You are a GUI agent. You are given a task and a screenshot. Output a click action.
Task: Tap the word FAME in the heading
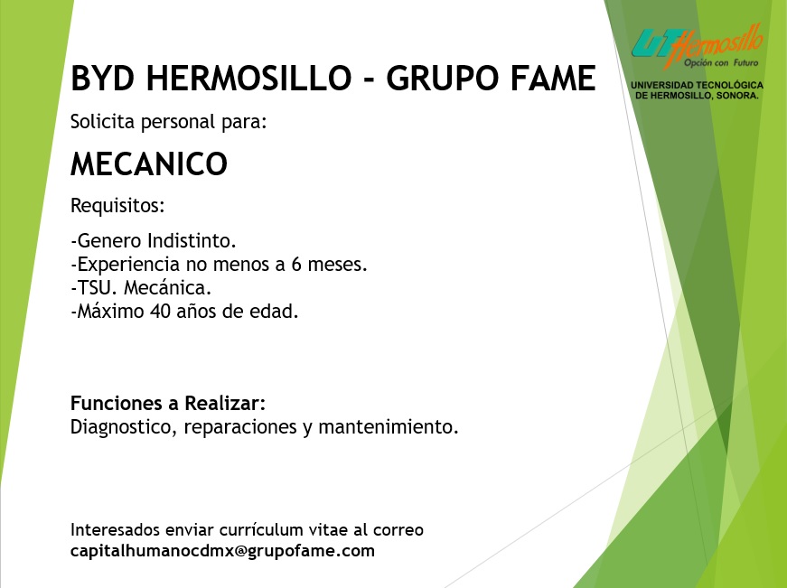click(x=553, y=79)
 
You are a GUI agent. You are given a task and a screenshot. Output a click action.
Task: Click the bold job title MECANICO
click(x=149, y=163)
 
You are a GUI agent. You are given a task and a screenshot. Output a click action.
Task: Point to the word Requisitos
click(x=117, y=205)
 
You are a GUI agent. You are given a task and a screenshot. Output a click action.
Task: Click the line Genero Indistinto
click(x=154, y=241)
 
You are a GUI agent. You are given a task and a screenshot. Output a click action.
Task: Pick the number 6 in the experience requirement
click(x=296, y=265)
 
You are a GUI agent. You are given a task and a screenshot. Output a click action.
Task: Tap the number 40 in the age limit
click(x=161, y=312)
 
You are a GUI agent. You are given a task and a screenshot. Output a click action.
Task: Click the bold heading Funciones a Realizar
click(x=168, y=403)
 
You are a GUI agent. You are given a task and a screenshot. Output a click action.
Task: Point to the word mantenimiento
click(x=389, y=427)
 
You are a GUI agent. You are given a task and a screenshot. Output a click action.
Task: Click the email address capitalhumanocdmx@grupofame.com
click(x=222, y=551)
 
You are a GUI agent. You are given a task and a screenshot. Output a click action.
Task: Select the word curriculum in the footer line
click(x=261, y=530)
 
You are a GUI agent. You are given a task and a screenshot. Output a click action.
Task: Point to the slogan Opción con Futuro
click(x=721, y=62)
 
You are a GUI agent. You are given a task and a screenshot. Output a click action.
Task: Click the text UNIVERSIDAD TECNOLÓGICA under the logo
click(x=698, y=85)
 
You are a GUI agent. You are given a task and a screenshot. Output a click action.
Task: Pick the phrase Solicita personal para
click(x=169, y=122)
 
